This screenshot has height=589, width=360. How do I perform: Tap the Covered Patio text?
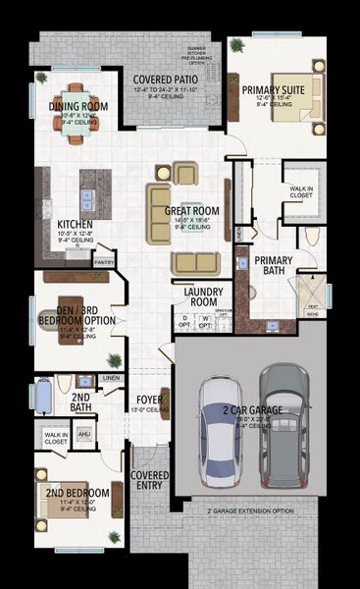pyautogui.click(x=168, y=80)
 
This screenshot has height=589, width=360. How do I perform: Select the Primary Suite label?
pyautogui.click(x=275, y=89)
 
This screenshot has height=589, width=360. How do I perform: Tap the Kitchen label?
pyautogui.click(x=76, y=225)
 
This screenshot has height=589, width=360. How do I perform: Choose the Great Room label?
pyautogui.click(x=190, y=211)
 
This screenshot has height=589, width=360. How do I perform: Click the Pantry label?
pyautogui.click(x=104, y=262)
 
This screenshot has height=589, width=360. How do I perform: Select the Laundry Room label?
pyautogui.click(x=203, y=297)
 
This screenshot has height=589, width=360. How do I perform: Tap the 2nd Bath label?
pyautogui.click(x=82, y=402)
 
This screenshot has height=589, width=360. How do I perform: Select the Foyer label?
pyautogui.click(x=149, y=400)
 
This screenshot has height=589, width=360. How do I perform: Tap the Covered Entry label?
pyautogui.click(x=150, y=481)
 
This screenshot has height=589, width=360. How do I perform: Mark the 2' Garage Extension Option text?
pyautogui.click(x=250, y=511)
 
